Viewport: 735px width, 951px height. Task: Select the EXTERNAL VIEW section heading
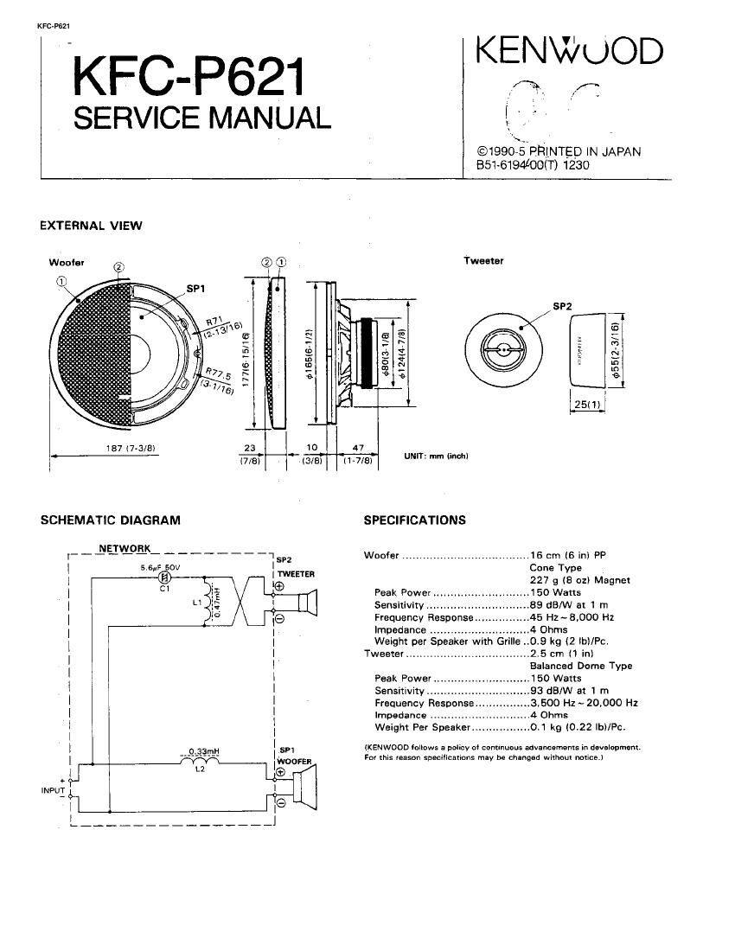pos(91,227)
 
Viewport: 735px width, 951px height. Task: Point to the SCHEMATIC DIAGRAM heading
pos(111,520)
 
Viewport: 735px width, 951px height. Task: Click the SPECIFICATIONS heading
pos(414,520)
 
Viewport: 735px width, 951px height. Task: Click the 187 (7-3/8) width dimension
pos(125,448)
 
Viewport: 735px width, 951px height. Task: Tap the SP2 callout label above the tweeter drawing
pos(563,306)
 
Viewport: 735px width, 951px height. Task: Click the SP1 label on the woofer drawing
pos(195,289)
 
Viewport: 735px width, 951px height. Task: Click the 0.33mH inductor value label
pos(201,750)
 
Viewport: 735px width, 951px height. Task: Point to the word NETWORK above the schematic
pos(125,548)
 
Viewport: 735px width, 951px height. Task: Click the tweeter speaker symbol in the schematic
pos(307,602)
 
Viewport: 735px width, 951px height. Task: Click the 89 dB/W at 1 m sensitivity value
pos(569,605)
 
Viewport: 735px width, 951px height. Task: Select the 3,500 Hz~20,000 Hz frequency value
pos(584,703)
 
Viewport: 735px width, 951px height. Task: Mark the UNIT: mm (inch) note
pos(436,456)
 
